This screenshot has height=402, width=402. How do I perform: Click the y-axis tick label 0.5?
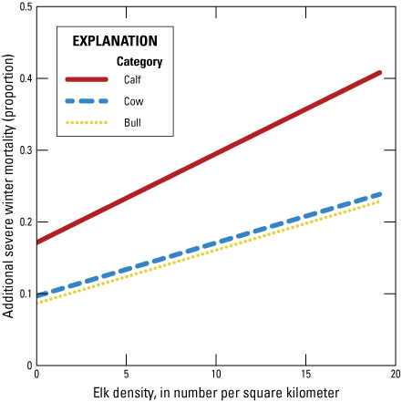[x=24, y=7]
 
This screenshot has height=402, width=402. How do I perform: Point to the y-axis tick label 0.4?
[x=24, y=78]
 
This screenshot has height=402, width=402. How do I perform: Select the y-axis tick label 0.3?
[x=24, y=150]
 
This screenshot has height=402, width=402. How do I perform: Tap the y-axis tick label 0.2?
[x=24, y=222]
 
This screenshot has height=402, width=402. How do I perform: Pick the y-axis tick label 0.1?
[x=24, y=294]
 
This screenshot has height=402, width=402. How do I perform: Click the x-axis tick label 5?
[x=126, y=374]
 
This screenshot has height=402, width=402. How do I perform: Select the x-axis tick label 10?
[x=216, y=374]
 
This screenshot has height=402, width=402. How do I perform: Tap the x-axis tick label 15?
[x=305, y=374]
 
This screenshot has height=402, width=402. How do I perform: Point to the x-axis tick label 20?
[x=395, y=374]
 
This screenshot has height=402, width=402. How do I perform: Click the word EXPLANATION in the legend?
[x=115, y=41]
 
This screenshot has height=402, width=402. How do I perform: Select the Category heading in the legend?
[x=139, y=62]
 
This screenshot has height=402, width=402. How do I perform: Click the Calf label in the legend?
[x=133, y=79]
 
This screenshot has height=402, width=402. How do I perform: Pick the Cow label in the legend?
[x=133, y=100]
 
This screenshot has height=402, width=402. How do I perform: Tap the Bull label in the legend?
[x=133, y=121]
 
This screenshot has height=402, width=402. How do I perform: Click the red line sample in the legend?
[x=87, y=79]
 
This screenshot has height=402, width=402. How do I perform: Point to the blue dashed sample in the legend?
[x=87, y=100]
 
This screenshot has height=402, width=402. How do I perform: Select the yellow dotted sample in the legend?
[x=87, y=121]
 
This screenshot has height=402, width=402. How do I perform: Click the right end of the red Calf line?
[x=380, y=72]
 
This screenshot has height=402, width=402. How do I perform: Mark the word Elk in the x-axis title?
[x=100, y=392]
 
